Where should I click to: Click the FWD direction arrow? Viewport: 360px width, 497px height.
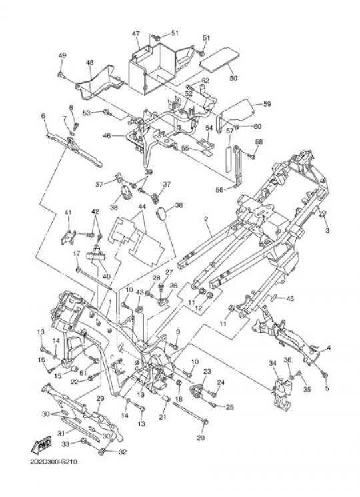(41, 446)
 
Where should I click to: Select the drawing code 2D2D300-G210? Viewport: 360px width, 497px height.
(53, 462)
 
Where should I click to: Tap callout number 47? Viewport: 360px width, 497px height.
(136, 33)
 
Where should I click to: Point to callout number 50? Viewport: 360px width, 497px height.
(233, 78)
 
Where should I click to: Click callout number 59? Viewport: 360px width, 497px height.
(267, 103)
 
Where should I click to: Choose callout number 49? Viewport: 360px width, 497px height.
(63, 55)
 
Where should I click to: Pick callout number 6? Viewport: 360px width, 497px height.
(43, 115)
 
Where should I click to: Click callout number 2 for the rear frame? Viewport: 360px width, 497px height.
(206, 219)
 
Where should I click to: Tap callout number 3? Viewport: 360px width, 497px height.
(327, 230)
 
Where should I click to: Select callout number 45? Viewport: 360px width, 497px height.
(290, 298)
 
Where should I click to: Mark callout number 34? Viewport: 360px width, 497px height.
(273, 363)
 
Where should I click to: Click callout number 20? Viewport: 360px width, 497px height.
(201, 438)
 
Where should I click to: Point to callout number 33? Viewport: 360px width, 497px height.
(65, 444)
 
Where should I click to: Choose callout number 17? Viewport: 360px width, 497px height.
(77, 254)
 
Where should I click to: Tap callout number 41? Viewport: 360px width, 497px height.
(69, 212)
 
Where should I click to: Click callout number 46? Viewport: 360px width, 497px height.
(107, 136)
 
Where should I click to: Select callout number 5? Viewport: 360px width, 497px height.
(327, 388)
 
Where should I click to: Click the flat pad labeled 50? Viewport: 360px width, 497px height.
(219, 60)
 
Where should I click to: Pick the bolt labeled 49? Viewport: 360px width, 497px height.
(61, 75)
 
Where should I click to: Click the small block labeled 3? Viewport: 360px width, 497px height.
(323, 214)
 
